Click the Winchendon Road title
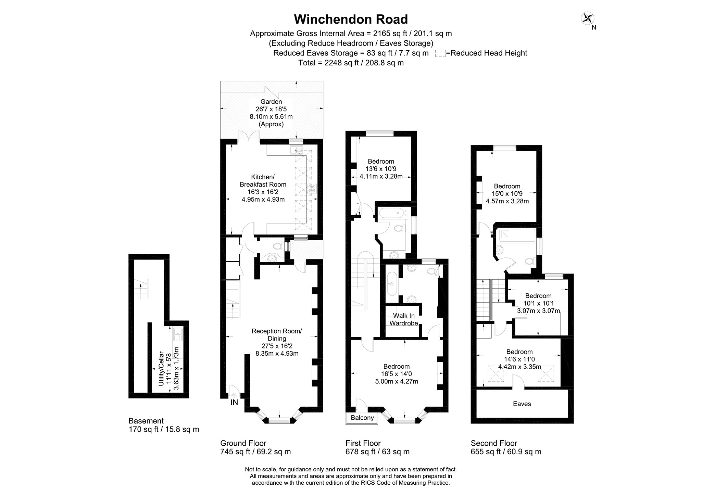pyautogui.click(x=351, y=20)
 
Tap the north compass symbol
pyautogui.click(x=588, y=19)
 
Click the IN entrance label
pyautogui.click(x=234, y=403)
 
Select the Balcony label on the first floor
pyautogui.click(x=362, y=418)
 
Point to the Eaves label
pyautogui.click(x=522, y=404)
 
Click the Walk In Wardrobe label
pyautogui.click(x=404, y=319)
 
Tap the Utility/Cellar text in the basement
pyautogui.click(x=161, y=370)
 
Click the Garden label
pyautogui.click(x=271, y=102)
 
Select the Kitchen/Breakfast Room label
pyautogui.click(x=263, y=181)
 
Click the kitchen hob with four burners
pyautogui.click(x=312, y=188)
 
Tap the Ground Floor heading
pyautogui.click(x=243, y=443)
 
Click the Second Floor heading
pyautogui.click(x=494, y=443)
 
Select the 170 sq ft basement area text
pyautogui.click(x=163, y=430)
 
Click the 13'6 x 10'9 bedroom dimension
pyautogui.click(x=381, y=169)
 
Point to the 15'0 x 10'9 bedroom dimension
pyautogui.click(x=507, y=194)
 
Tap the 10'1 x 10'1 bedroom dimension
pyautogui.click(x=538, y=303)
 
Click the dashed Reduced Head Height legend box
pyautogui.click(x=440, y=53)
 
